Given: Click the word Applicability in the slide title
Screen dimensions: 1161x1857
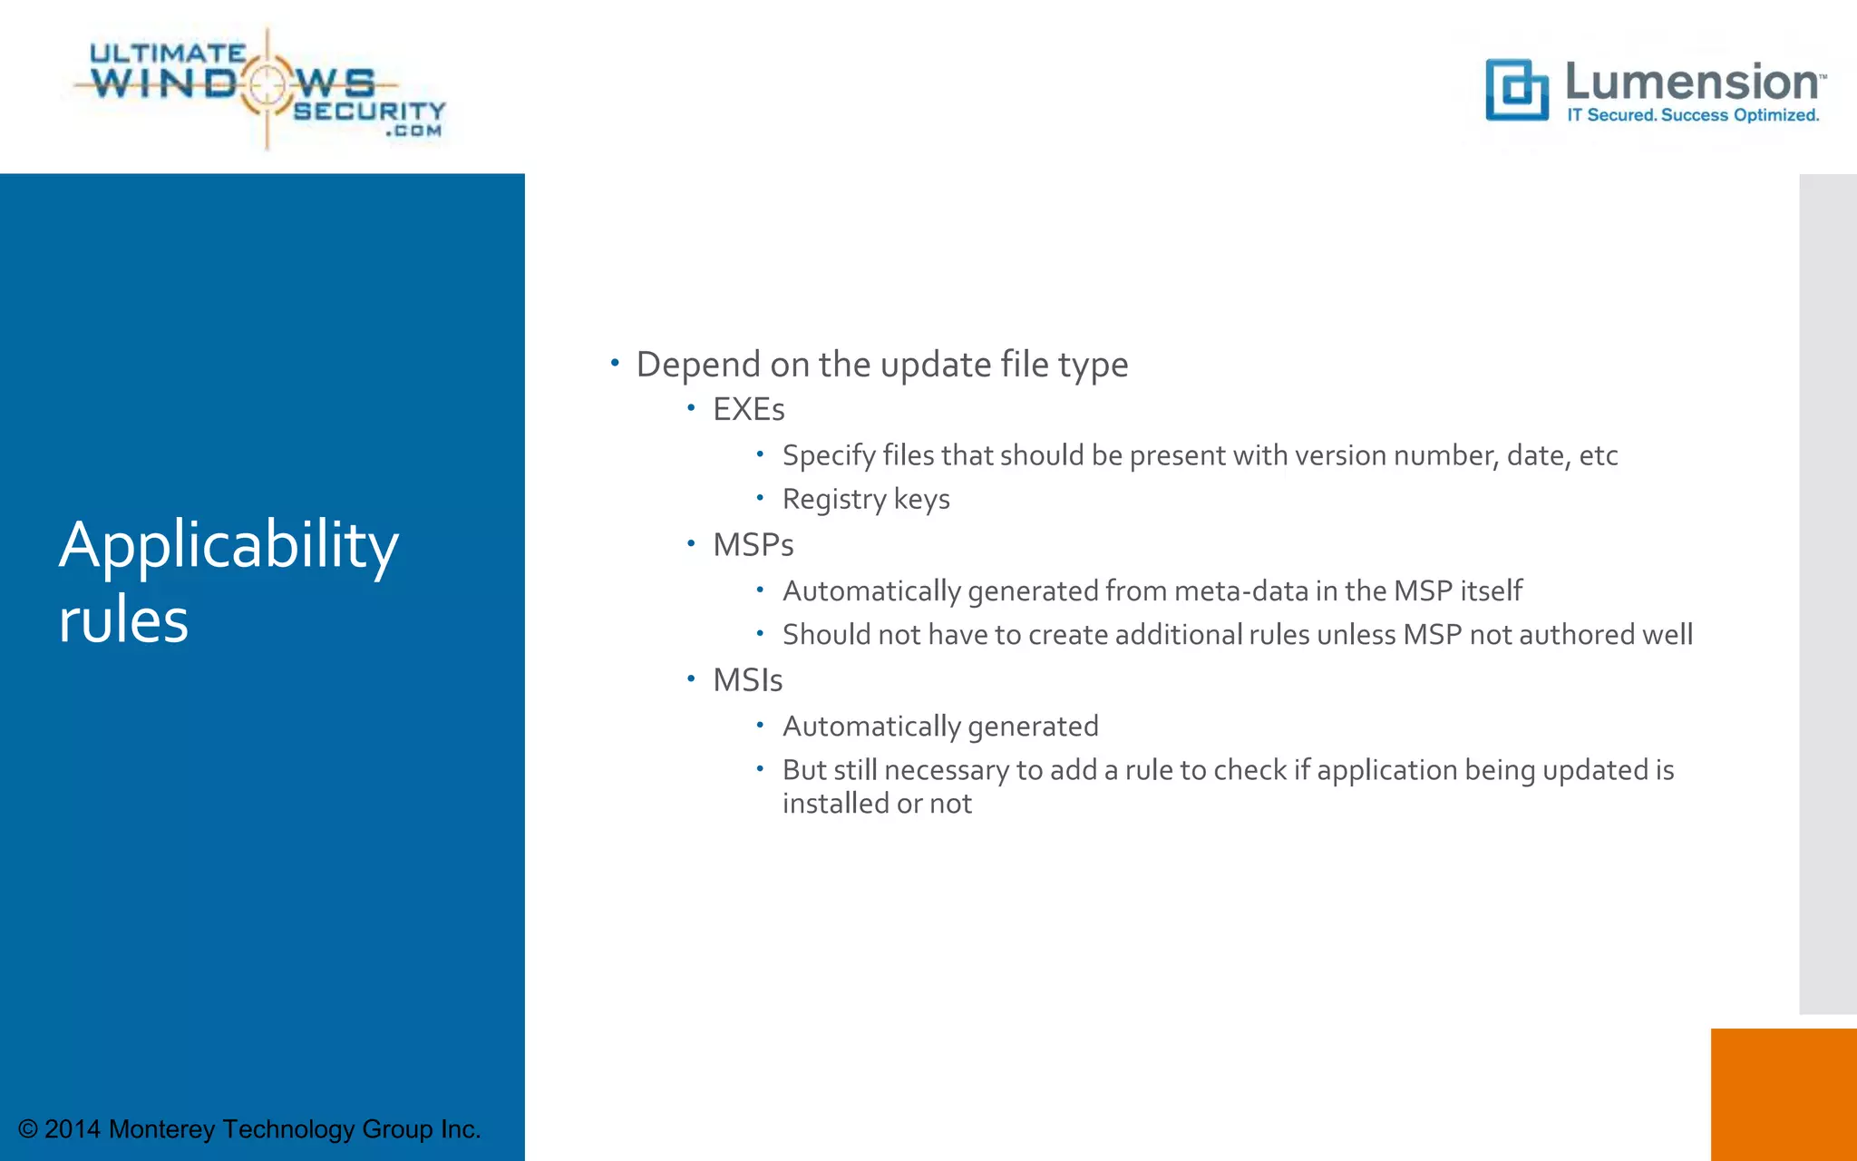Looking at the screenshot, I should click(x=228, y=546).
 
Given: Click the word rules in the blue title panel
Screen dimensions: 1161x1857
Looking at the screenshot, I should click(x=123, y=621).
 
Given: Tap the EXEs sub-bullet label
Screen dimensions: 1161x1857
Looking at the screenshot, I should click(x=748, y=410).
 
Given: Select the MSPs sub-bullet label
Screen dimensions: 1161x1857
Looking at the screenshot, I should click(x=753, y=545).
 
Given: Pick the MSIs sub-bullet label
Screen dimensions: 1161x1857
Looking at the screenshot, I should click(x=747, y=680).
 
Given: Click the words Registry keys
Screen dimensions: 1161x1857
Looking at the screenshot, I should click(x=866, y=500).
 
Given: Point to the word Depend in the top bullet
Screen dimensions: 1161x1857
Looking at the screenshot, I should click(x=698, y=366).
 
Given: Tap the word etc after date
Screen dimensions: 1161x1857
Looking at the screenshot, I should click(x=1598, y=455).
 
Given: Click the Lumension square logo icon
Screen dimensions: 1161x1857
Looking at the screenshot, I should click(x=1517, y=90).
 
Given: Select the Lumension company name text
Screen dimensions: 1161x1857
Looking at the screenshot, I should click(x=1692, y=83).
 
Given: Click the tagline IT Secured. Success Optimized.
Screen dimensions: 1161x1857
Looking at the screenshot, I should click(x=1693, y=115).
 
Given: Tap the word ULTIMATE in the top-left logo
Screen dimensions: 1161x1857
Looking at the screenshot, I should click(x=168, y=54).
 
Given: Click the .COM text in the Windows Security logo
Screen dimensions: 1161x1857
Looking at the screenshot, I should click(x=414, y=132).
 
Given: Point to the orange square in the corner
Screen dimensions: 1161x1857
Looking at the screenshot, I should click(x=1783, y=1094).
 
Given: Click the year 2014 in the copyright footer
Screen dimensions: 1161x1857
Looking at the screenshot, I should click(x=73, y=1129).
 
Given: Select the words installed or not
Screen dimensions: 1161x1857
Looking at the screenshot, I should click(x=877, y=805).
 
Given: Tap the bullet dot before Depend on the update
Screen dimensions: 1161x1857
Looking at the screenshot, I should click(x=615, y=363).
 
